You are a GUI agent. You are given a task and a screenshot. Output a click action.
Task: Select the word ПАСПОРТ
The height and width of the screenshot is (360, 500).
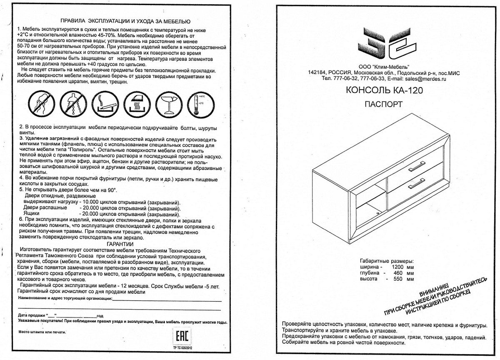pos(383,104)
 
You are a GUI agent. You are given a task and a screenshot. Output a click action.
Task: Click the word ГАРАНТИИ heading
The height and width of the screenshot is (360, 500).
pos(120,244)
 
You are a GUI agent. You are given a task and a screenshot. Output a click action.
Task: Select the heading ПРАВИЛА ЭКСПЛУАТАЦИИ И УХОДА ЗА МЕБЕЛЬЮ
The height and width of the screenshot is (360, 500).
pos(125,21)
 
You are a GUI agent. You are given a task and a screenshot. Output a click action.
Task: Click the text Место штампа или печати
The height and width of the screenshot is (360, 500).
pos(42,332)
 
